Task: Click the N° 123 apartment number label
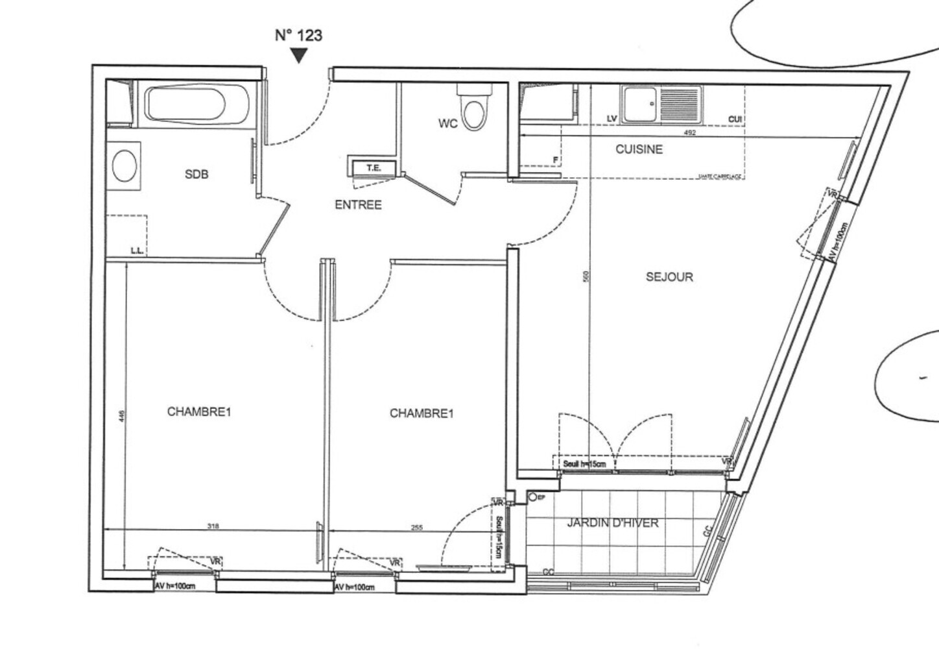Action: [x=298, y=35]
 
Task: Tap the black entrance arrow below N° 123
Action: [x=298, y=56]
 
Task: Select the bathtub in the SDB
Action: [x=196, y=105]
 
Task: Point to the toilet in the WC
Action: [x=475, y=110]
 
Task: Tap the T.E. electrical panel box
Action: [x=374, y=168]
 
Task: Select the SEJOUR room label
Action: [x=669, y=277]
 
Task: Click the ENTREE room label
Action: [x=358, y=205]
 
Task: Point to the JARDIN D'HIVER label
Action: [x=613, y=523]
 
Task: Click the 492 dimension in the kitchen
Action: [x=690, y=132]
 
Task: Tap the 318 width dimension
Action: [x=213, y=526]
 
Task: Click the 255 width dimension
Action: [x=416, y=528]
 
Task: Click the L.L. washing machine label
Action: [x=137, y=250]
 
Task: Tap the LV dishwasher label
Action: [x=611, y=119]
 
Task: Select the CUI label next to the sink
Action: [x=735, y=119]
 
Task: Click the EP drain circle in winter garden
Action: [x=533, y=498]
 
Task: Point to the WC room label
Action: [x=447, y=123]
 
